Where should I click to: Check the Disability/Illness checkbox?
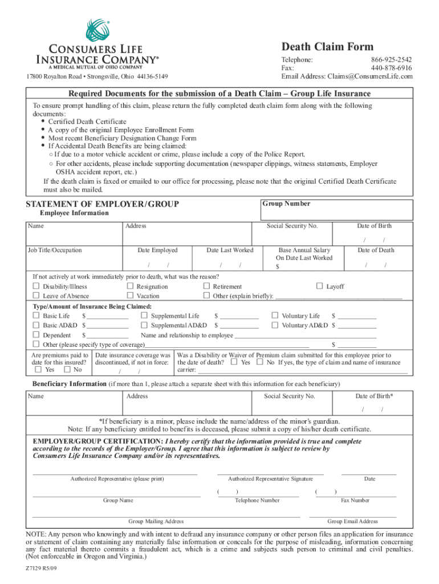click(x=36, y=286)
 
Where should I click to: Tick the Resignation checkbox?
click(x=131, y=286)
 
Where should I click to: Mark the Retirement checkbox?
click(x=207, y=286)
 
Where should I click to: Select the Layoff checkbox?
click(x=320, y=286)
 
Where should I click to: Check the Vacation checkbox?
click(x=131, y=296)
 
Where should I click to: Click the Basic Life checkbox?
click(x=36, y=315)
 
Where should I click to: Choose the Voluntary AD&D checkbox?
click(x=275, y=325)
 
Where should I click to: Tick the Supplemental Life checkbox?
click(x=144, y=315)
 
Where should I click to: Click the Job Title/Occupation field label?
click(x=55, y=250)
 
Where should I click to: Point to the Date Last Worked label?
click(x=230, y=250)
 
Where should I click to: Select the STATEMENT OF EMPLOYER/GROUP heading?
click(x=103, y=204)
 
